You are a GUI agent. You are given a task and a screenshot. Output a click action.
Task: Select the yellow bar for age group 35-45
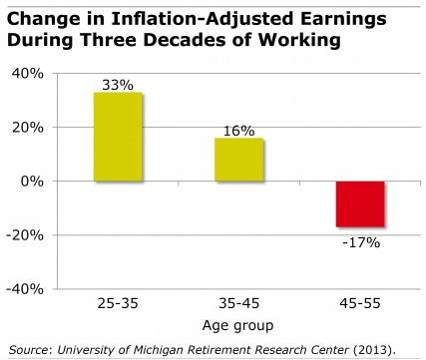coord(240,160)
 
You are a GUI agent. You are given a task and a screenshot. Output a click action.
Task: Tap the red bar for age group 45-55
coord(360,204)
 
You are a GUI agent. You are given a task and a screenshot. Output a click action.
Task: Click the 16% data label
coord(240,131)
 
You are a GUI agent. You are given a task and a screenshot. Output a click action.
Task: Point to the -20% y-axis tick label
coord(23,235)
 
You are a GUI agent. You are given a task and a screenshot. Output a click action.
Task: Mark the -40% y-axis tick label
coord(23,289)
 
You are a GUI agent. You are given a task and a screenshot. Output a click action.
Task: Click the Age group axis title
coord(240,326)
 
